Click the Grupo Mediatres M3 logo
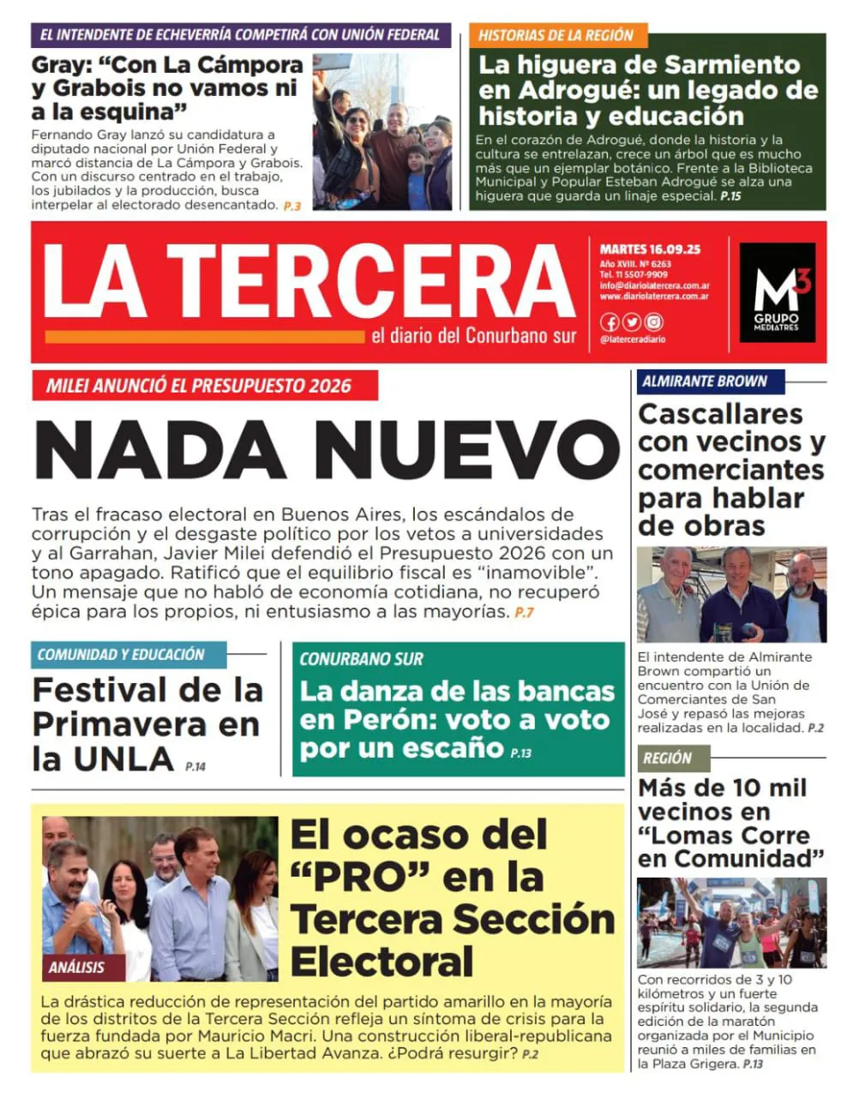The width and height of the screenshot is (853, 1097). point(777,292)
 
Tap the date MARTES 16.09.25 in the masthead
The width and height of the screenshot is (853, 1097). point(650,249)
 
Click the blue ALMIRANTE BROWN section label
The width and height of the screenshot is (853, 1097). point(704,381)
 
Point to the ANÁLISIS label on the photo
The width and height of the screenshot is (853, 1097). point(76,968)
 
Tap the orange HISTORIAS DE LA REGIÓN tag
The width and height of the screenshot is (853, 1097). point(556,35)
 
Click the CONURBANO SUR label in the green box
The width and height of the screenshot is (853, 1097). point(361,659)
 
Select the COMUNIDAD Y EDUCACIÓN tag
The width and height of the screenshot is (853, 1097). point(121,655)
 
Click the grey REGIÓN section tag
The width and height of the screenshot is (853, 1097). point(667,758)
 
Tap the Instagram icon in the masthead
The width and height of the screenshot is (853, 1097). point(654,322)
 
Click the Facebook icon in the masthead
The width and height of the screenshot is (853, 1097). point(610,322)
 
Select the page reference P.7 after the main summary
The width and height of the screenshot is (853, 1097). point(524,613)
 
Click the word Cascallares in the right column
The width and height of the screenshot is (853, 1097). point(720,414)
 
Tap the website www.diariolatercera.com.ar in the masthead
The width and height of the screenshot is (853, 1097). point(654,297)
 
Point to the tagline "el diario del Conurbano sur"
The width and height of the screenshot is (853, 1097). point(473,336)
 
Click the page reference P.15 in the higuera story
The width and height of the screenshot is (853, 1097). point(730,196)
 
